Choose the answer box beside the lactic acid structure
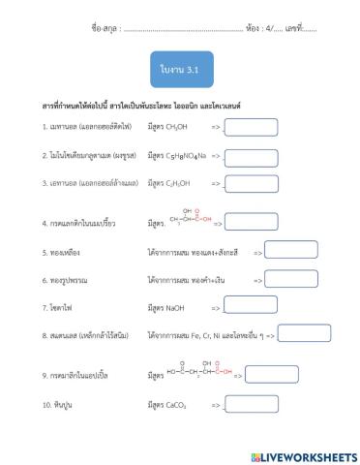(251, 222)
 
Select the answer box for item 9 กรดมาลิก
(272, 374)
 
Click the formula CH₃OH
(173, 126)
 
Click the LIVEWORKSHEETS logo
(303, 455)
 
